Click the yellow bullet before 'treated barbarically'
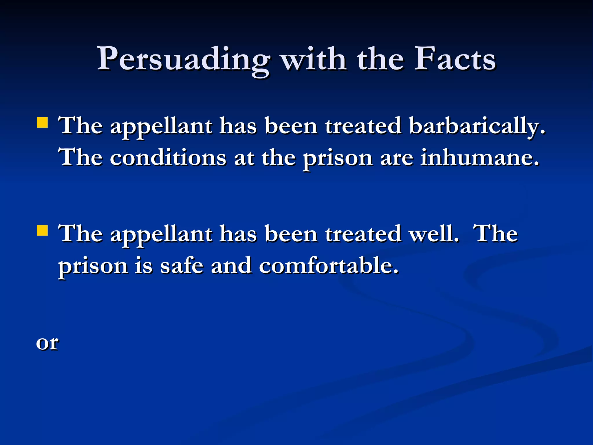43,122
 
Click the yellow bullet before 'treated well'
43,231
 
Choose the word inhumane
480,158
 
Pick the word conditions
168,158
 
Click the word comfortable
329,266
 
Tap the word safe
182,266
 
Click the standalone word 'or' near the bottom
47,343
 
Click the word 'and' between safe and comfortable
231,266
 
